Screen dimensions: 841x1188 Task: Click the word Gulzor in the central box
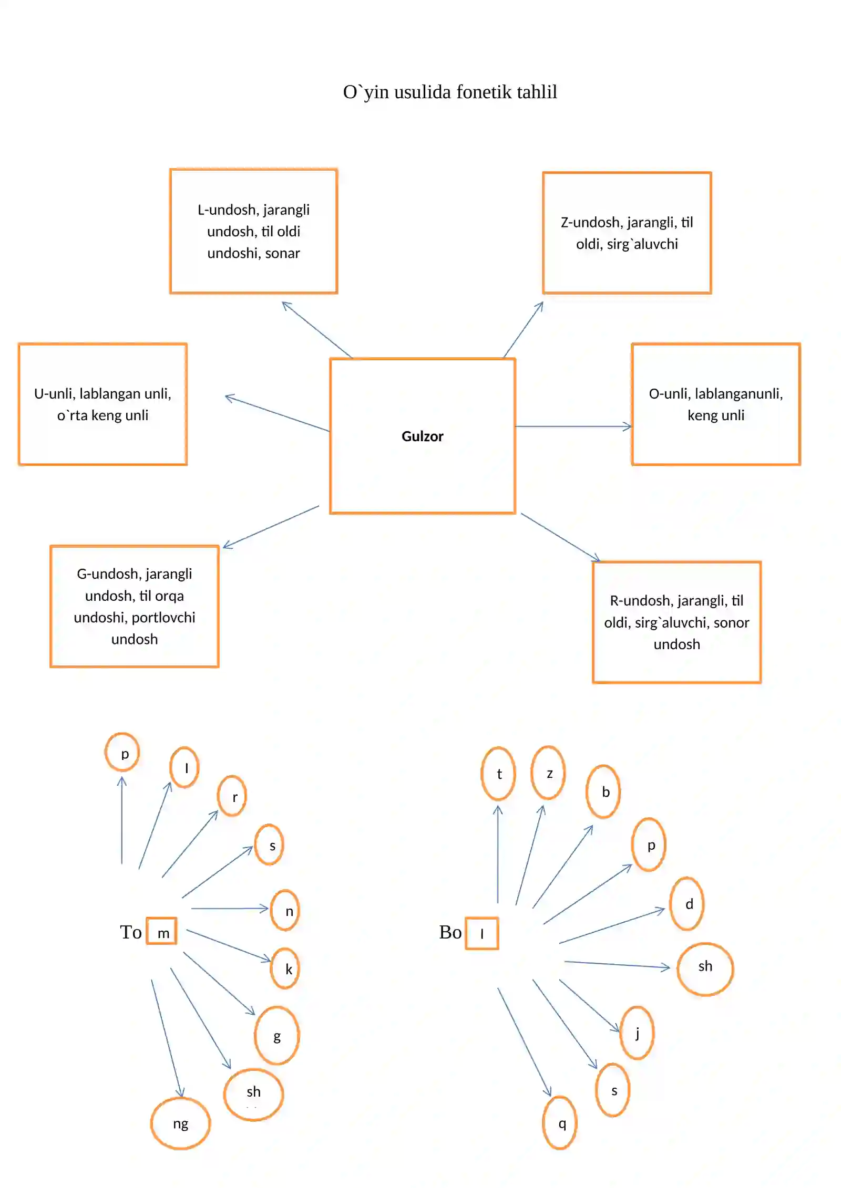(x=422, y=436)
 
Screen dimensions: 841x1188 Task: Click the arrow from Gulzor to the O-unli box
(x=573, y=426)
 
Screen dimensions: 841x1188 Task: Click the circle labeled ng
(x=151, y=1123)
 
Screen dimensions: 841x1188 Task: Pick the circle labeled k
(x=271, y=968)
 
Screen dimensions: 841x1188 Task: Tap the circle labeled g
(x=255, y=1035)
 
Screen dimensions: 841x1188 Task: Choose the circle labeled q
(x=543, y=1122)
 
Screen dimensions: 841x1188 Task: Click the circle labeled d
(x=671, y=903)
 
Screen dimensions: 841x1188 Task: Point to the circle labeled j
(x=621, y=1033)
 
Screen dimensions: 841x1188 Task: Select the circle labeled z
(x=532, y=773)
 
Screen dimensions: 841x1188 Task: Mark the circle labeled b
(x=587, y=791)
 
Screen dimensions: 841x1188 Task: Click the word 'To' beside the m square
(x=131, y=932)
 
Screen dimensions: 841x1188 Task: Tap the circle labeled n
(x=271, y=910)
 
